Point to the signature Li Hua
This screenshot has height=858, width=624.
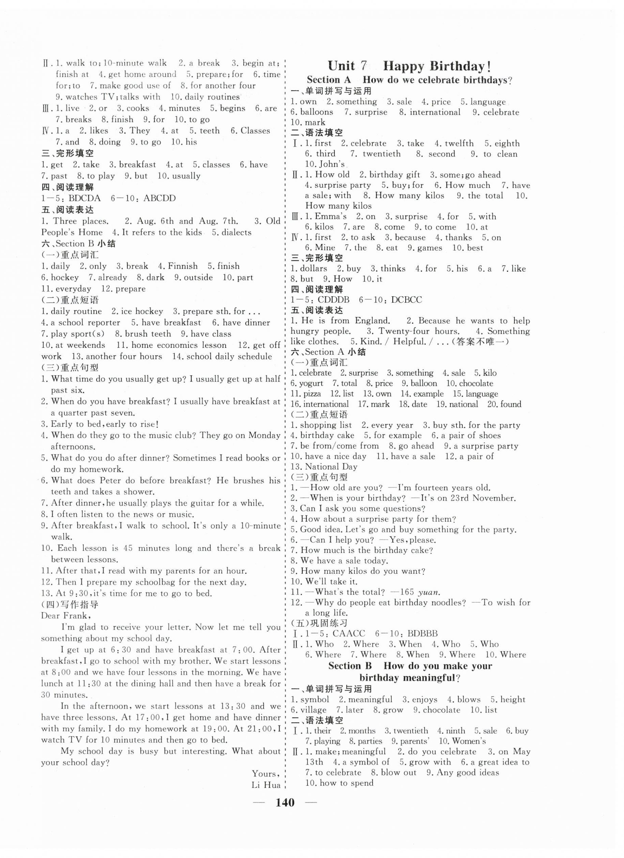tap(266, 785)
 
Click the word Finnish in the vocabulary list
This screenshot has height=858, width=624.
tap(183, 266)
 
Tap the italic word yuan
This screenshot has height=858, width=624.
tap(429, 592)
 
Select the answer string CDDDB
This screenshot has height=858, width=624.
tap(334, 300)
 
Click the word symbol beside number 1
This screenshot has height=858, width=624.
tap(315, 699)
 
